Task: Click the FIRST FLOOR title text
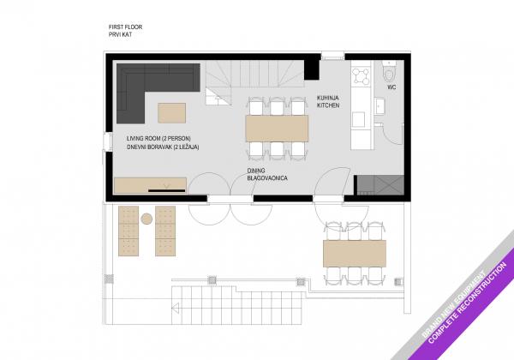(125, 27)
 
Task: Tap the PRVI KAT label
(120, 34)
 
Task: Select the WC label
(391, 87)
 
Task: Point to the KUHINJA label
(328, 98)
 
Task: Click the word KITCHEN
(328, 105)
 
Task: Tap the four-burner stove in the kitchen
(361, 75)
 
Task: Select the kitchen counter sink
(358, 119)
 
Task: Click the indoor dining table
(277, 129)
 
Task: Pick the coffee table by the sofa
(172, 113)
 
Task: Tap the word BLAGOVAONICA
(267, 178)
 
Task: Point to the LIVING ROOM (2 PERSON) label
(158, 139)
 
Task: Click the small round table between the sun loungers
(146, 219)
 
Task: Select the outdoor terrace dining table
(355, 254)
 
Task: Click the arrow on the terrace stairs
(176, 309)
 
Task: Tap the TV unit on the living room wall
(150, 185)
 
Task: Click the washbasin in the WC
(380, 106)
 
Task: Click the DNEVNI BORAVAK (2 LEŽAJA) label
(163, 147)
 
